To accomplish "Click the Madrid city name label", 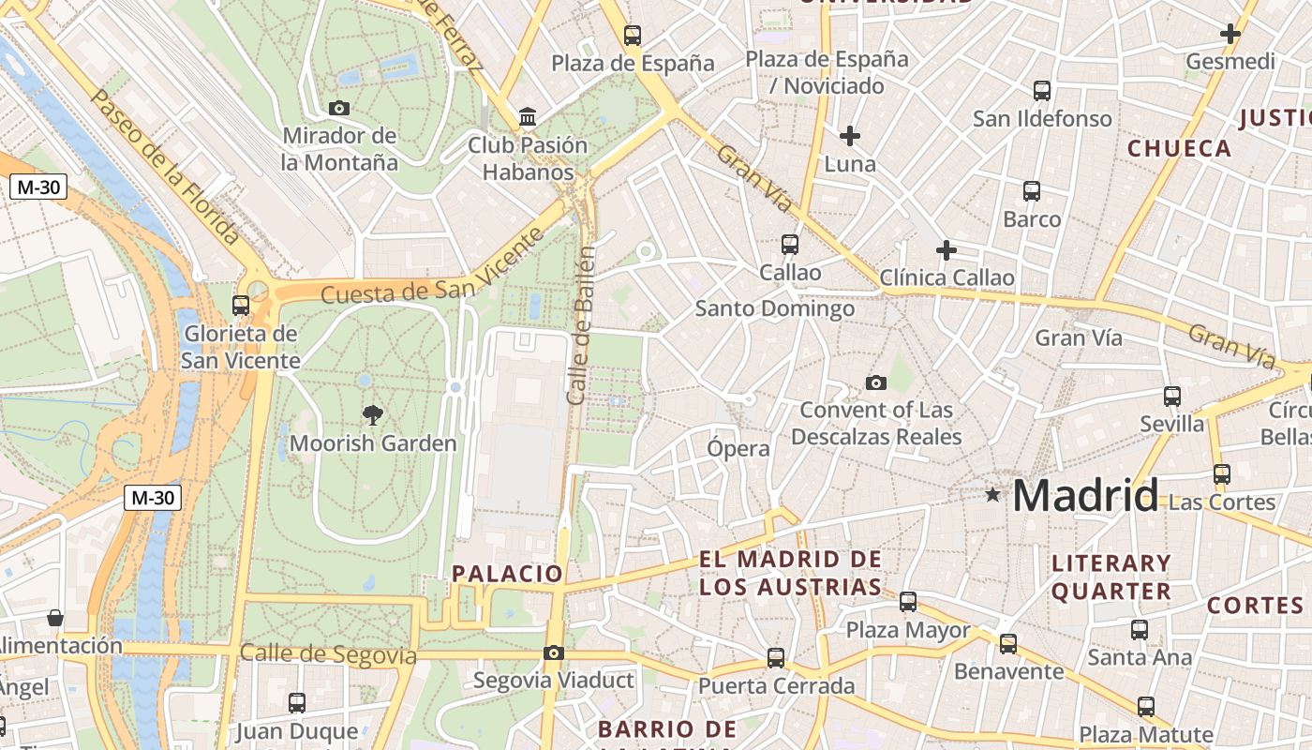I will coord(1085,495).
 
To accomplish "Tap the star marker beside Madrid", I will coord(992,494).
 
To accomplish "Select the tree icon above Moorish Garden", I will coord(373,414).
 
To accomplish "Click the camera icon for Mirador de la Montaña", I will coord(339,109).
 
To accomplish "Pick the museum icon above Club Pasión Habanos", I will coord(528,118).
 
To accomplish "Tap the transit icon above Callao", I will coord(790,245).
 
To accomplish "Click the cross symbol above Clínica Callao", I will coord(947,250).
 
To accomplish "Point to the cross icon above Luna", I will coord(850,136).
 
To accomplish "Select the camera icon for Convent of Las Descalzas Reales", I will coord(876,382).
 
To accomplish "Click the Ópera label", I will coord(738,448).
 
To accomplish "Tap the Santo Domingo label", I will coord(774,308).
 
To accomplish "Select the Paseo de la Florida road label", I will coord(165,168).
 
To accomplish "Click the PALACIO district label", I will coord(507,574).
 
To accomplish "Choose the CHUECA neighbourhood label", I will coord(1179,148).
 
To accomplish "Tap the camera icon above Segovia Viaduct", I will coord(554,652).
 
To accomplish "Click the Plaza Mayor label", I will coord(908,630).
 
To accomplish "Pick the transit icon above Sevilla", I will coord(1171,396).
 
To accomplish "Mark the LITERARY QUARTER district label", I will coord(1111,577).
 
